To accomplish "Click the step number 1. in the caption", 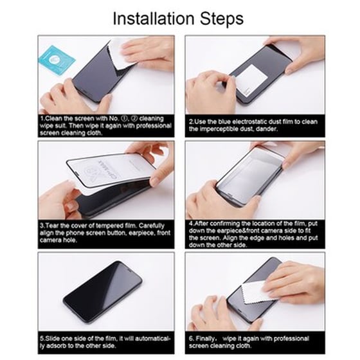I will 42,119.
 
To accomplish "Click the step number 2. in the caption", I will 191,120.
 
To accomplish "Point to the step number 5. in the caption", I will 42,337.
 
